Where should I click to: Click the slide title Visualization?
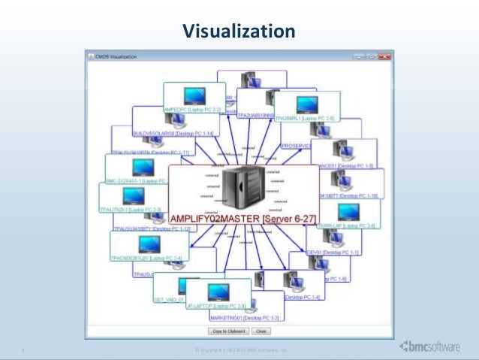239,31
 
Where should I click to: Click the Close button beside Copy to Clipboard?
261,330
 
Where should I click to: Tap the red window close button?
385,55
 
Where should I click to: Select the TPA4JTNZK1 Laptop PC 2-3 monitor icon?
134,195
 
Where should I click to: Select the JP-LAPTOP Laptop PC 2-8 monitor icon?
216,292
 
